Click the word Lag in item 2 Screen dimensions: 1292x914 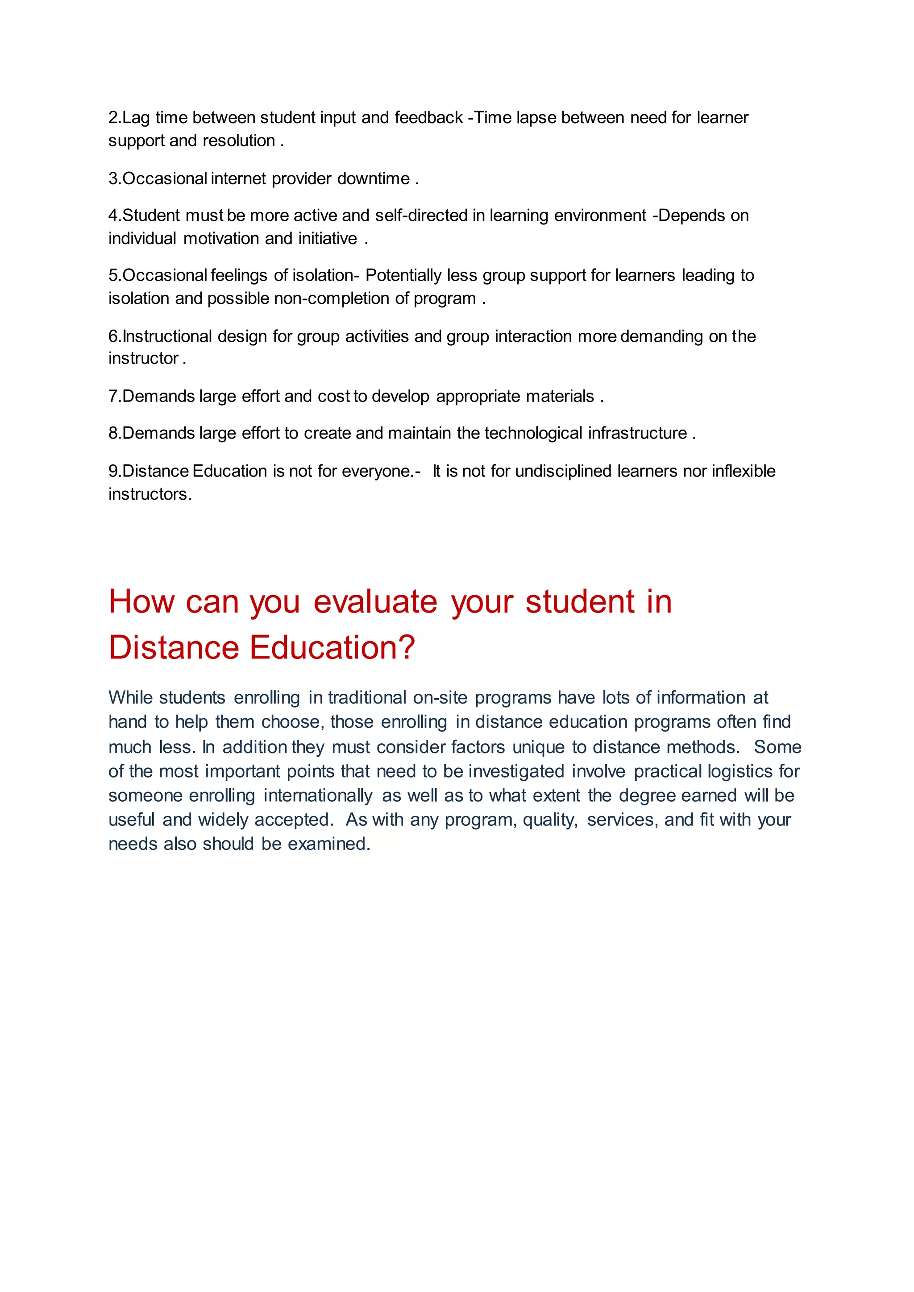pos(136,118)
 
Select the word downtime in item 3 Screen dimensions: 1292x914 pos(373,178)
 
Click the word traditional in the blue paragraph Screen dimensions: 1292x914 pos(367,698)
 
